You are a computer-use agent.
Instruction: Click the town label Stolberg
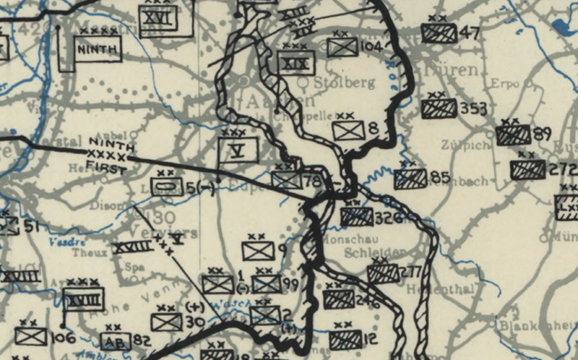pyautogui.click(x=350, y=82)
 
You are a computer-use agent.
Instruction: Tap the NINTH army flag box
pyautogui.click(x=99, y=48)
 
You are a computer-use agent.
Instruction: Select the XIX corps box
pyautogui.click(x=297, y=63)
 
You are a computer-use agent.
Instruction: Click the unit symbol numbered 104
pyautogui.click(x=342, y=48)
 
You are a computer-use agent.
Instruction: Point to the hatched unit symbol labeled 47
pyautogui.click(x=439, y=33)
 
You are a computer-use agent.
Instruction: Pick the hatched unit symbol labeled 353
pyautogui.click(x=439, y=109)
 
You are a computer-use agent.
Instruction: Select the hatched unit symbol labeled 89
pyautogui.click(x=513, y=135)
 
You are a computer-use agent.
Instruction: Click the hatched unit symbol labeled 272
pyautogui.click(x=527, y=170)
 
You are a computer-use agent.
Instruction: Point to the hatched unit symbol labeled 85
pyautogui.click(x=410, y=178)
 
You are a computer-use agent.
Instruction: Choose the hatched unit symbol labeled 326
pyautogui.click(x=356, y=216)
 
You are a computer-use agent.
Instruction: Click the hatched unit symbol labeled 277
pyautogui.click(x=383, y=273)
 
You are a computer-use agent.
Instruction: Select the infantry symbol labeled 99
pyautogui.click(x=267, y=284)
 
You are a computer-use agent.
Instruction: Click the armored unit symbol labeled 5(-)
pyautogui.click(x=167, y=187)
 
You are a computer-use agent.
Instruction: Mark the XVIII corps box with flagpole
pyautogui.click(x=83, y=298)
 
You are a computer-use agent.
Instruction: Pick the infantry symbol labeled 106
pyautogui.click(x=30, y=336)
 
